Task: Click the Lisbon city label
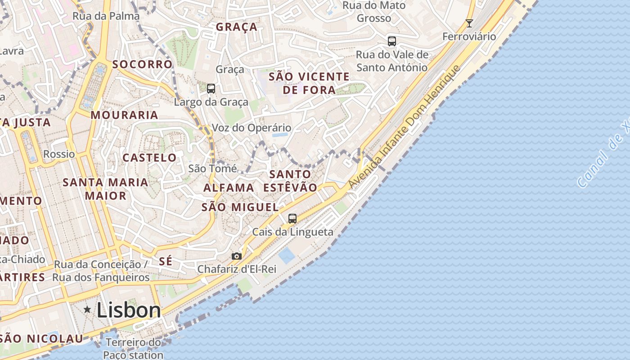pyautogui.click(x=129, y=310)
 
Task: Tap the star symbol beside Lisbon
pyautogui.click(x=87, y=310)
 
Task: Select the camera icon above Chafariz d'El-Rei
pyautogui.click(x=237, y=256)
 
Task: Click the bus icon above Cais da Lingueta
pyautogui.click(x=292, y=219)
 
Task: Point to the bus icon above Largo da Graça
pyautogui.click(x=211, y=89)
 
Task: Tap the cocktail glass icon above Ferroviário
pyautogui.click(x=469, y=23)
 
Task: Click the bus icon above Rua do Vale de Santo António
pyautogui.click(x=392, y=41)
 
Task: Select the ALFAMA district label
pyautogui.click(x=229, y=188)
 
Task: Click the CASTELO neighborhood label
pyautogui.click(x=150, y=157)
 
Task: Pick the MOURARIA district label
pyautogui.click(x=124, y=115)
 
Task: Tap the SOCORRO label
pyautogui.click(x=142, y=64)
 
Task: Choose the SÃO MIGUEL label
pyautogui.click(x=240, y=207)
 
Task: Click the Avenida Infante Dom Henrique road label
pyautogui.click(x=405, y=127)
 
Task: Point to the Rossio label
pyautogui.click(x=59, y=154)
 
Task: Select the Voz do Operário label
pyautogui.click(x=251, y=128)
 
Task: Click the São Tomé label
pyautogui.click(x=212, y=169)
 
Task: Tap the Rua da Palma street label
pyautogui.click(x=106, y=16)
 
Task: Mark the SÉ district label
pyautogui.click(x=166, y=261)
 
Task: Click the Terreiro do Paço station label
pyautogui.click(x=133, y=349)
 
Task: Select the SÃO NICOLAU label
pyautogui.click(x=42, y=339)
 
